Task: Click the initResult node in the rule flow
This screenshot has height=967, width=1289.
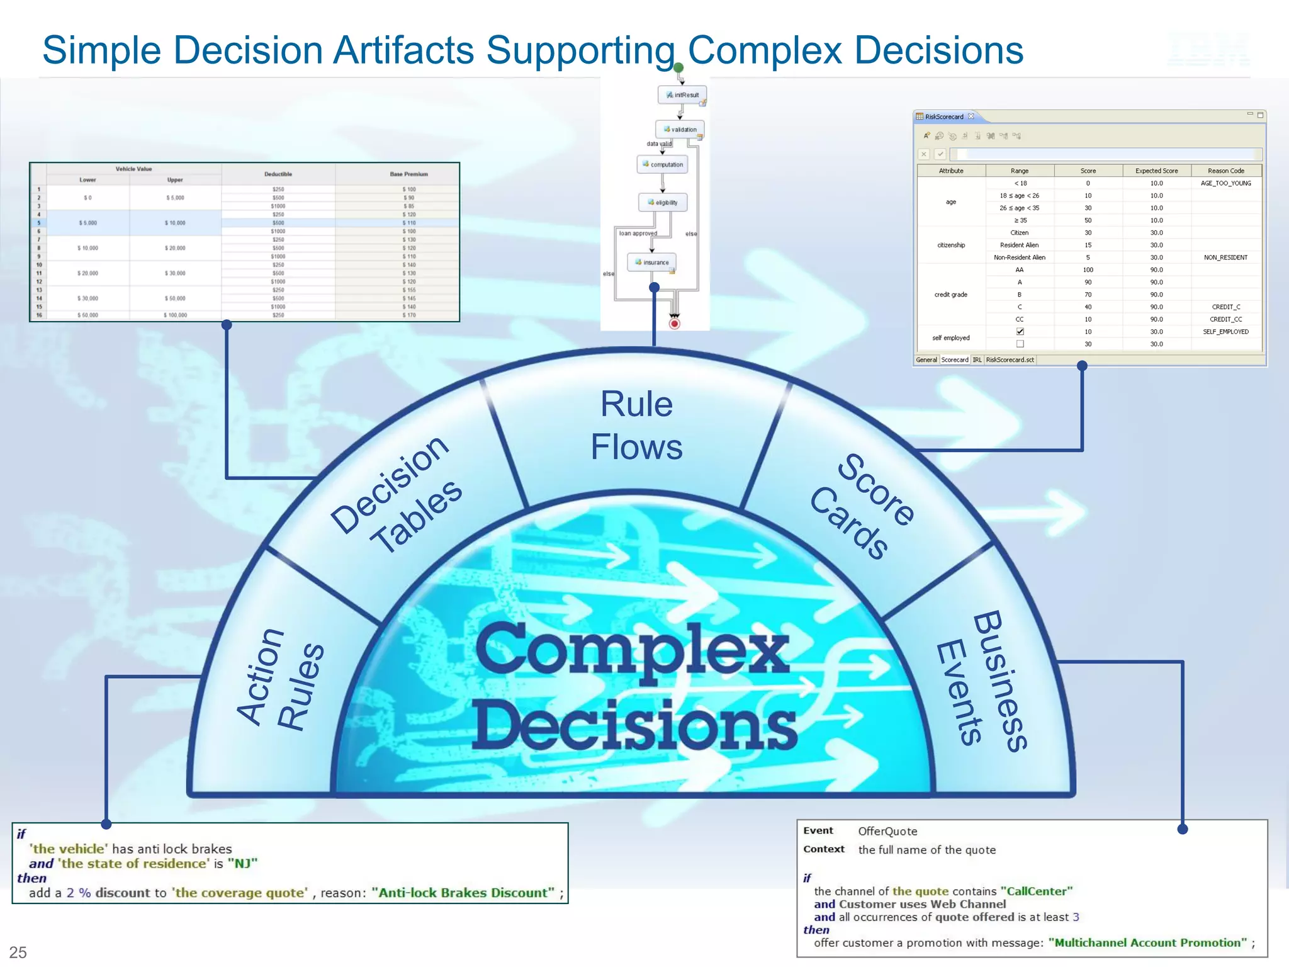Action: click(682, 95)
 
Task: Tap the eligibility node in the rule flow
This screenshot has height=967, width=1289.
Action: click(663, 203)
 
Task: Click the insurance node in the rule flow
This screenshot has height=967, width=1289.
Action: click(652, 263)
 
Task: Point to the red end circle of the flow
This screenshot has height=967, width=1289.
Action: click(675, 324)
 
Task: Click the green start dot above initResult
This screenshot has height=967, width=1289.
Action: click(678, 67)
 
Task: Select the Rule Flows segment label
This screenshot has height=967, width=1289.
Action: click(636, 425)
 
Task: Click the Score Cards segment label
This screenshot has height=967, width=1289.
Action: click(862, 507)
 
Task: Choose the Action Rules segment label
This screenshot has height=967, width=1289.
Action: click(281, 680)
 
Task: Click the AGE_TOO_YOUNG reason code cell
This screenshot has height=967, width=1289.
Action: click(1225, 183)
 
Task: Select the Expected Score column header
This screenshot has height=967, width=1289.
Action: click(1156, 171)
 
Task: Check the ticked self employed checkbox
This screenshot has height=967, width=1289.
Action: click(1020, 332)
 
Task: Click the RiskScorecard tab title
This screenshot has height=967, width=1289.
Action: click(944, 116)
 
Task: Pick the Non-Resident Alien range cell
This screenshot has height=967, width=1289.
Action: click(1019, 257)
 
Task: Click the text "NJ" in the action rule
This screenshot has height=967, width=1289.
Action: click(242, 864)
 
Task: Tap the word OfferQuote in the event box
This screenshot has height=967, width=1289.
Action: click(887, 832)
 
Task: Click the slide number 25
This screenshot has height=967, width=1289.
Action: click(18, 952)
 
